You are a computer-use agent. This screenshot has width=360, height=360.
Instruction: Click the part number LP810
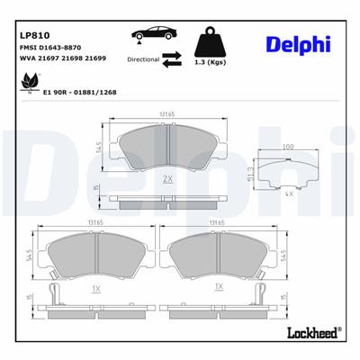tap(33, 37)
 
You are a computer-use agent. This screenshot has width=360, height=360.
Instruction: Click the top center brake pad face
tap(168, 148)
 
